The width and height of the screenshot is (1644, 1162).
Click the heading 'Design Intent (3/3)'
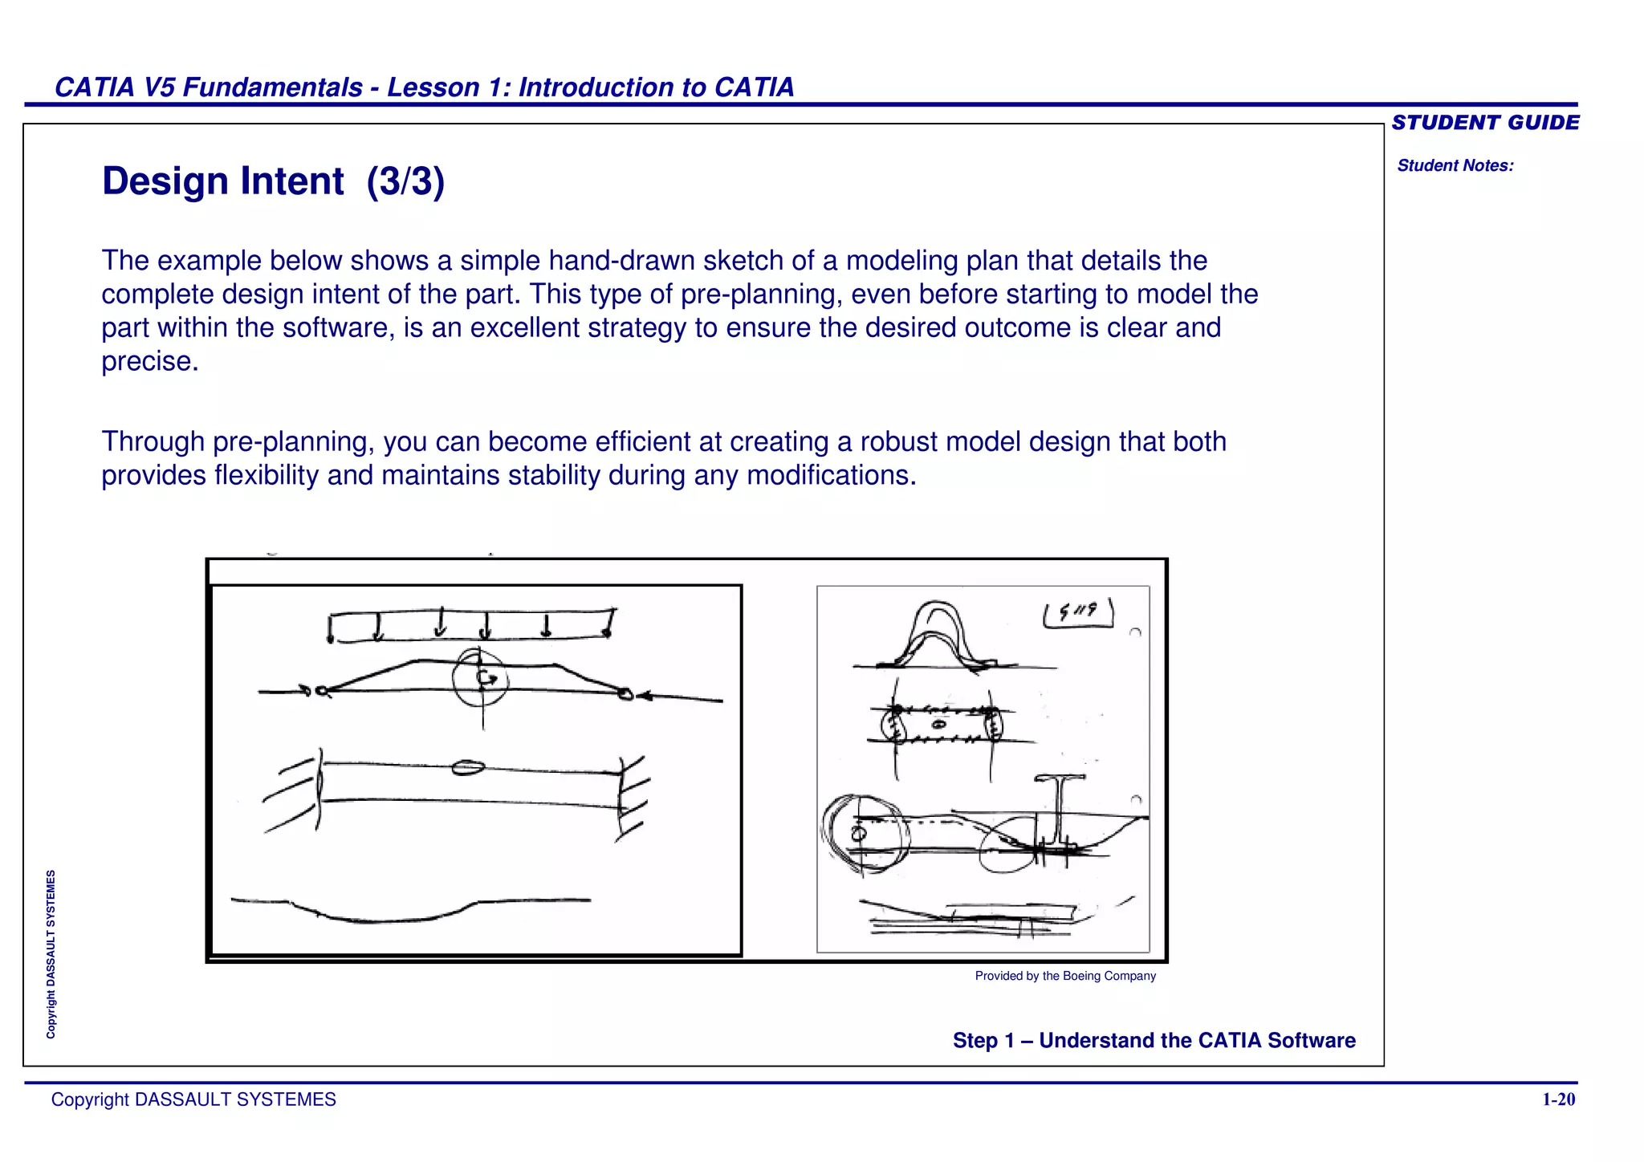pos(273,181)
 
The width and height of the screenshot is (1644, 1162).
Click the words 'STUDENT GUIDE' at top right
pos(1485,123)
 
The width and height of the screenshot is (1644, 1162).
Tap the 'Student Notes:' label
pos(1455,166)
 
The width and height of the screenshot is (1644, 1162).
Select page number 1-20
pos(1558,1099)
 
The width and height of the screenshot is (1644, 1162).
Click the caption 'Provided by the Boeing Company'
pos(1065,976)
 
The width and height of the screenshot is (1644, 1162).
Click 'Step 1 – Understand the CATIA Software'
pos(1154,1040)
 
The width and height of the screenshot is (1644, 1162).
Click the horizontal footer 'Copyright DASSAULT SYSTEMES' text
pos(193,1099)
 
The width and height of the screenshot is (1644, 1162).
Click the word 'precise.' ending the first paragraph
pos(150,361)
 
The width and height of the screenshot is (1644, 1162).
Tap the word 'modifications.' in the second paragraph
pos(831,476)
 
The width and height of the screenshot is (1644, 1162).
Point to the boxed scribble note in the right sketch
pos(1078,613)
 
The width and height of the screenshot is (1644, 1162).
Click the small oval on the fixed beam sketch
pos(467,768)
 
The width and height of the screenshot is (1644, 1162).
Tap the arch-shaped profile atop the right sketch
pos(936,634)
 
